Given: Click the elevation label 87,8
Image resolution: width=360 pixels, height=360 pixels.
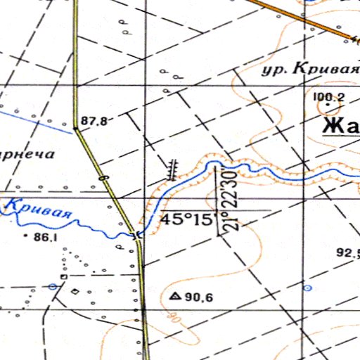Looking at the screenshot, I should coord(94,121).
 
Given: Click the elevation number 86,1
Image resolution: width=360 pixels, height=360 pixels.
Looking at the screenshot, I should coord(45,238).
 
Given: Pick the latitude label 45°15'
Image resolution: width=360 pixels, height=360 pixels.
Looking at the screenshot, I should coord(186,219).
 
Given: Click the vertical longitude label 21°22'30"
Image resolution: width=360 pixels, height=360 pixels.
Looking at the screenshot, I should coord(229,200).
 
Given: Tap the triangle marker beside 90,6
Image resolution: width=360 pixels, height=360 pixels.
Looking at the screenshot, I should coord(174,297).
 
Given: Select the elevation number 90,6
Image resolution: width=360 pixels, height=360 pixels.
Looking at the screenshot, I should coord(199,297).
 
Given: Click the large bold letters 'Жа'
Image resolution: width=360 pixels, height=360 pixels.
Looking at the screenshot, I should coord(341,127).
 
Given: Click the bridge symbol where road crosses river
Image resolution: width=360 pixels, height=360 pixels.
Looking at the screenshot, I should coord(138,234).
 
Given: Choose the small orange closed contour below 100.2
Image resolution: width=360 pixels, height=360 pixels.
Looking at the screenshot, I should coord(327,108).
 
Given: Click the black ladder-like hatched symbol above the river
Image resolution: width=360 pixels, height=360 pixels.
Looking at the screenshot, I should coord(172,167).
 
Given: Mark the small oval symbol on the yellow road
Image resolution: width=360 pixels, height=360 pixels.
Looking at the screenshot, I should coord(104,179).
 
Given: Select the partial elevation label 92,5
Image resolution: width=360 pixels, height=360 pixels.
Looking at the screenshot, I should coord(349,253).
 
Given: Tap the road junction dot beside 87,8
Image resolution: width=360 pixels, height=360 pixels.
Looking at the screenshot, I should coord(75,129).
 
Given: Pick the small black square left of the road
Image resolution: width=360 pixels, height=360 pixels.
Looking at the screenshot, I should coord(64,277).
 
